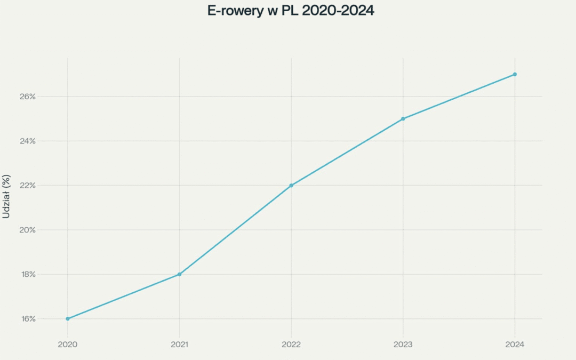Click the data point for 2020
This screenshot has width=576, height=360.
68,319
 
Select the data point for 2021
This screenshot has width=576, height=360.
179,274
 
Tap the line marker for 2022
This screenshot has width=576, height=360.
291,186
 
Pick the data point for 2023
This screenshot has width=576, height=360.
403,119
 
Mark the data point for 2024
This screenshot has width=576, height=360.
515,74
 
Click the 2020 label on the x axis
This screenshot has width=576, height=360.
68,345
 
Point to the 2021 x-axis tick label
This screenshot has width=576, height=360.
179,345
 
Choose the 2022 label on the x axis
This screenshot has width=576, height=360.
291,345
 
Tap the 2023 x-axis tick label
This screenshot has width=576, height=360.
403,345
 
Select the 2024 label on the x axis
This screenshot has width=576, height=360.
515,345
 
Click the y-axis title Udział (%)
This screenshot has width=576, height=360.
6,196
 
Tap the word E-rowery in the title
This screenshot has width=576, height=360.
235,11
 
